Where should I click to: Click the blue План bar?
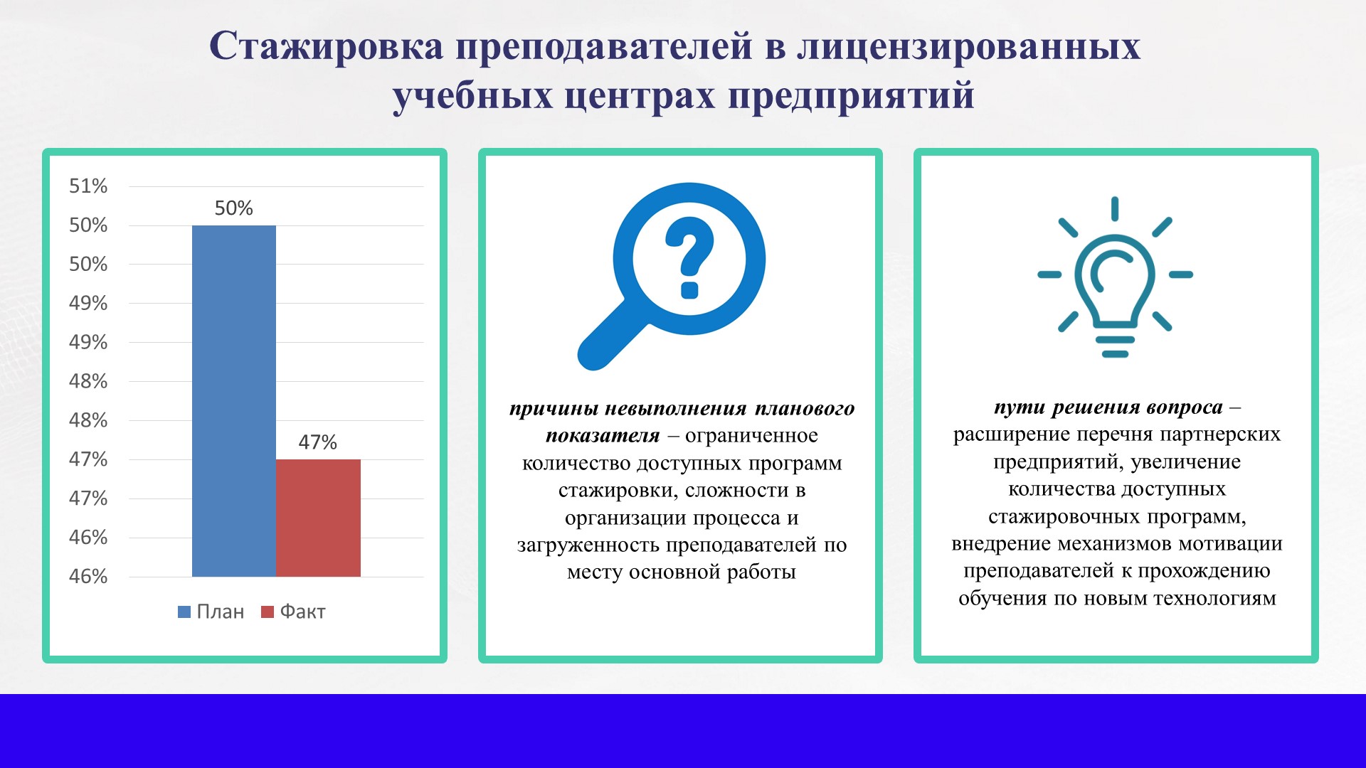click(234, 401)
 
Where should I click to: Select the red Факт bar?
click(318, 518)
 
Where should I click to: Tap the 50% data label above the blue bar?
click(234, 208)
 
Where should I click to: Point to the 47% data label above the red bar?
click(317, 442)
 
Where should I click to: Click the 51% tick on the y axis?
click(88, 186)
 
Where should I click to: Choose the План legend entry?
click(211, 612)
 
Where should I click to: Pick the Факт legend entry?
click(294, 612)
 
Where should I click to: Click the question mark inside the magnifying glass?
click(689, 258)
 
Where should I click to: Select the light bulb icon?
click(1115, 277)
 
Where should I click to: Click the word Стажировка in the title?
click(327, 46)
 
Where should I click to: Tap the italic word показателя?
click(603, 436)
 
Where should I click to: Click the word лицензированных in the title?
click(969, 47)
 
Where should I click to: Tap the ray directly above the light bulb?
click(1115, 209)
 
